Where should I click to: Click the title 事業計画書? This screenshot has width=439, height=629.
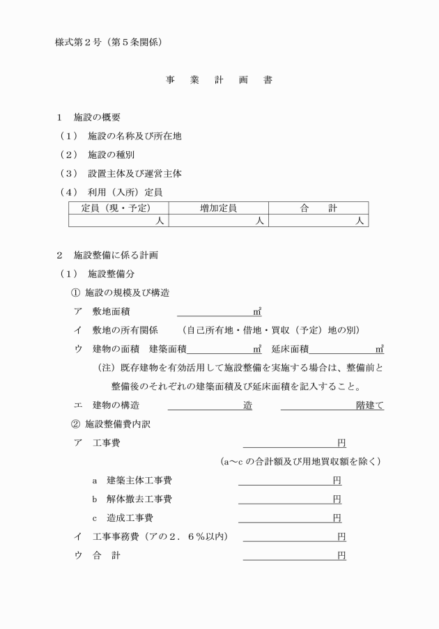coord(219,80)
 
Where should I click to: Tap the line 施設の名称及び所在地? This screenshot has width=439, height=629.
coord(134,136)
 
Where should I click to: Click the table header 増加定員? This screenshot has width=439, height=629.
coord(219,208)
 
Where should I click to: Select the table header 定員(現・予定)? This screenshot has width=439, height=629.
coord(118,208)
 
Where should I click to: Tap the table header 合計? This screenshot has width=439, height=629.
coord(318,208)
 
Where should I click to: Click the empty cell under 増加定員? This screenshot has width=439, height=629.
coord(219,221)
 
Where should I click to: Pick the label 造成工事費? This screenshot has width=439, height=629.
coord(130,518)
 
